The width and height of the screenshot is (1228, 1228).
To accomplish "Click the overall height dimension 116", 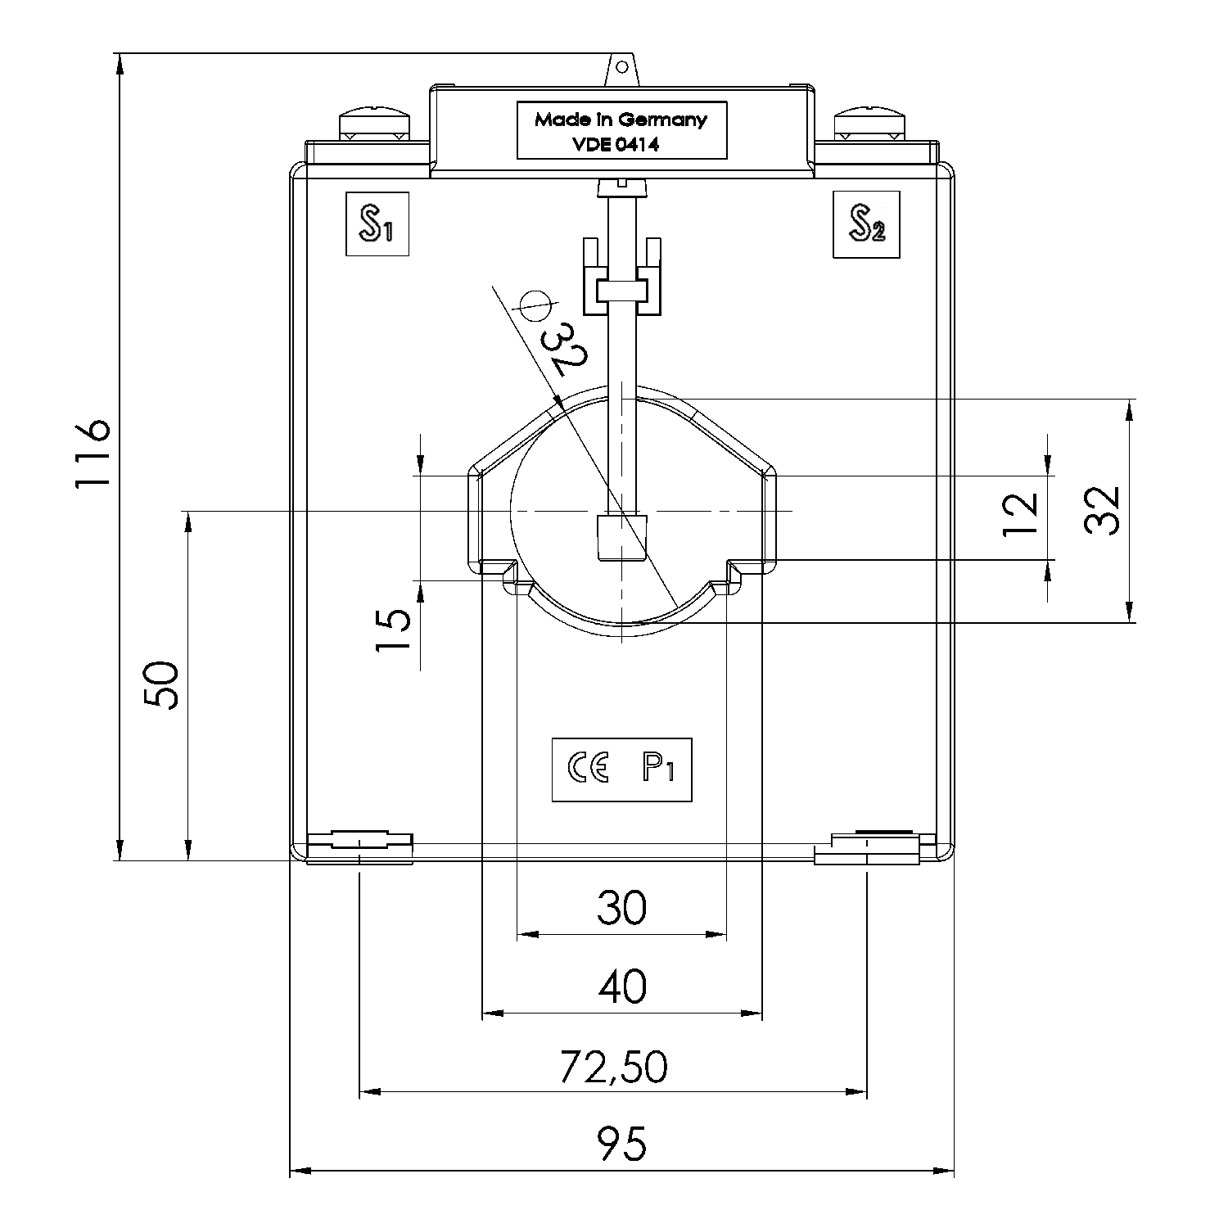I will pos(92,455).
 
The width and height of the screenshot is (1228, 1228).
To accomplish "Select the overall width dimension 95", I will pos(621,1144).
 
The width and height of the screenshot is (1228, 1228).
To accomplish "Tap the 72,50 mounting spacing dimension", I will pos(614,1066).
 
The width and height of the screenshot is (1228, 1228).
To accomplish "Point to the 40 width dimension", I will pos(622,986).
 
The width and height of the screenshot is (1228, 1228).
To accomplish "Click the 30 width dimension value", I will pos(621,907).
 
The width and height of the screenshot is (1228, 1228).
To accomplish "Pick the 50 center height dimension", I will pos(161,684).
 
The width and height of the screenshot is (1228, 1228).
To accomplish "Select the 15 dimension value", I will pos(394,630).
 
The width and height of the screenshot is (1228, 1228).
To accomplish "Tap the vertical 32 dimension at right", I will pos(1101,511).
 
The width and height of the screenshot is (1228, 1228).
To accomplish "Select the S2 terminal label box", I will pos(866,224).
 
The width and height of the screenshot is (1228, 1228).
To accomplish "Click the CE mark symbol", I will pos(588,769).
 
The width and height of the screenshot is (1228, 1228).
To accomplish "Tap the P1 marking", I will pos(657,769).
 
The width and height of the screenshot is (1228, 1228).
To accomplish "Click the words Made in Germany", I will pos(621,120).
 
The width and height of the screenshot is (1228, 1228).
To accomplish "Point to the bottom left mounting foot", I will pos(360,847).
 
